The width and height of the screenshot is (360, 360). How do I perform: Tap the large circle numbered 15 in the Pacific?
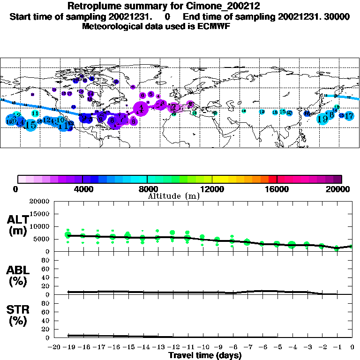pyautogui.click(x=30, y=125)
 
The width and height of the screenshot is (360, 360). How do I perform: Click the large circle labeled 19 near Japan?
pyautogui.click(x=322, y=119)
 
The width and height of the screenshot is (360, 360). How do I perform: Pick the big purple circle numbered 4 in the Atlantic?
pyautogui.click(x=141, y=109)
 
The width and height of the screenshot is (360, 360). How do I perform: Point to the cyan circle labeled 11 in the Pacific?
pyautogui.click(x=35, y=113)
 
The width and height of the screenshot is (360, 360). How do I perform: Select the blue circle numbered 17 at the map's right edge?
pyautogui.click(x=349, y=116)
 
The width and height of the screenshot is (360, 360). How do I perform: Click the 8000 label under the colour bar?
pyautogui.click(x=147, y=189)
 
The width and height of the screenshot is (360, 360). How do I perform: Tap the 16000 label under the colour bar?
pyautogui.click(x=277, y=189)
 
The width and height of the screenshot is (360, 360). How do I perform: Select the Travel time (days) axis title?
pyautogui.click(x=205, y=356)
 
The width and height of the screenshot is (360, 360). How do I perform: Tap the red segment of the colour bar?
pyautogui.click(x=272, y=179)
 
